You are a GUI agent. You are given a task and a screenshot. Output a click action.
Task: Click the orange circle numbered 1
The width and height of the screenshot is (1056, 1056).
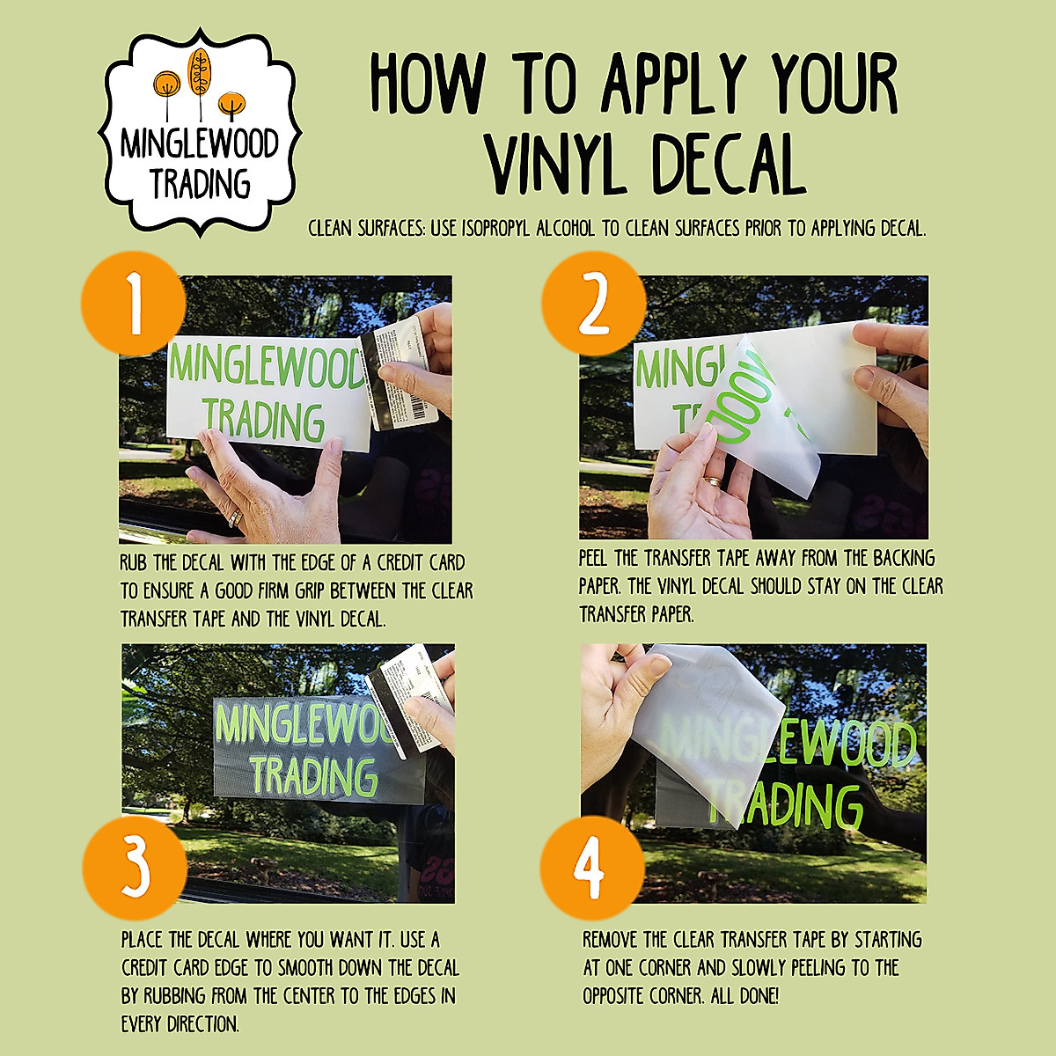(133, 304)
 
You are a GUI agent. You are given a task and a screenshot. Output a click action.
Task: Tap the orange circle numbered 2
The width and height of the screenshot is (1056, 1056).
(594, 304)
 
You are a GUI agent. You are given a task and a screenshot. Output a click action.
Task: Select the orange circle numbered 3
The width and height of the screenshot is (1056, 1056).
(135, 868)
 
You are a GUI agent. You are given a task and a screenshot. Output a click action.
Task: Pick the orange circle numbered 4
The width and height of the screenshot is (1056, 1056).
(592, 868)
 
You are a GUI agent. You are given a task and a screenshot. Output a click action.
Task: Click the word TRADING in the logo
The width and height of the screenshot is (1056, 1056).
(201, 184)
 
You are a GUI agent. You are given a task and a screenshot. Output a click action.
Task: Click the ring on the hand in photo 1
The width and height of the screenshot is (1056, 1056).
(236, 517)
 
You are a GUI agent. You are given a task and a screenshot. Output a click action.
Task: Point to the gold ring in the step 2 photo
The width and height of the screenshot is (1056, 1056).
(713, 481)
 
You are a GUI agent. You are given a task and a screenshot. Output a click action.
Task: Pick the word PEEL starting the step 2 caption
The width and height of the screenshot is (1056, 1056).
(593, 558)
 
